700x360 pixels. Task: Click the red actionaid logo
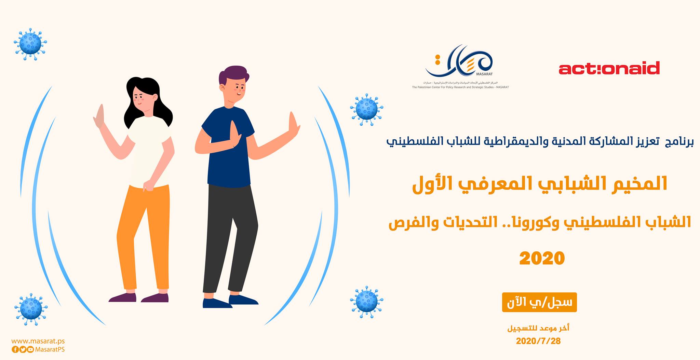click(x=609, y=68)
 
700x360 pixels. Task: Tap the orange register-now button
click(x=539, y=302)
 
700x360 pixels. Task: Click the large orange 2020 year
click(x=542, y=259)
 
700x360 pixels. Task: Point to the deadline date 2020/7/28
click(x=538, y=341)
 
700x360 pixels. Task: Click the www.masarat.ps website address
click(x=38, y=341)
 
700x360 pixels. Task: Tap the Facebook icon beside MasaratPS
click(x=15, y=349)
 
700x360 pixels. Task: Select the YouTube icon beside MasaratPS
click(x=30, y=349)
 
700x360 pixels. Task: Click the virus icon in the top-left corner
click(x=30, y=44)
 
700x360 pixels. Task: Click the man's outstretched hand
click(x=293, y=126)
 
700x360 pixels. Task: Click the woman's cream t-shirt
click(x=150, y=150)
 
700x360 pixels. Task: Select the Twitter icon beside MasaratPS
click(x=23, y=349)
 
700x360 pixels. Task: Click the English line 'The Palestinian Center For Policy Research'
click(x=460, y=87)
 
